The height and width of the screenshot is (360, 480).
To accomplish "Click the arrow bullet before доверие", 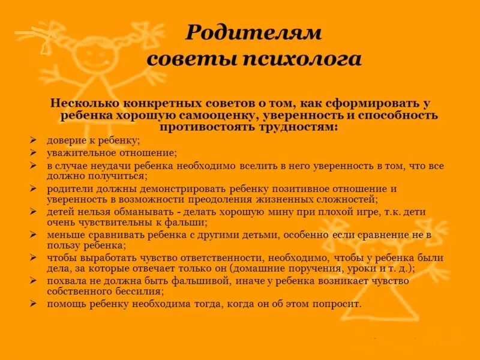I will [x=34, y=141].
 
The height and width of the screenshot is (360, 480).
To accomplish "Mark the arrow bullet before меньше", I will [x=34, y=235].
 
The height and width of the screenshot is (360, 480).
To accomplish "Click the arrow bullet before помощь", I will [x=34, y=304].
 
